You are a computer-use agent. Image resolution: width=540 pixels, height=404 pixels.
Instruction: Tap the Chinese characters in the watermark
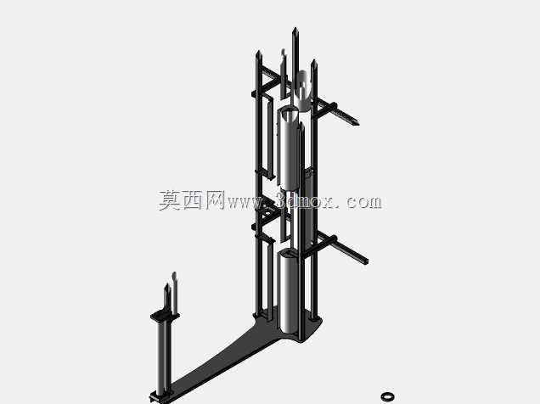tap(192, 200)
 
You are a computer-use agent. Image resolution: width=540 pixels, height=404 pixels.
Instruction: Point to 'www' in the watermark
tap(245, 202)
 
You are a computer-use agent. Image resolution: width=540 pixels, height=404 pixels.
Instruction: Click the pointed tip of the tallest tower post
tap(295, 28)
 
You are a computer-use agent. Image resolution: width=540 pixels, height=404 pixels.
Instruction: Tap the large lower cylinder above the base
tap(290, 293)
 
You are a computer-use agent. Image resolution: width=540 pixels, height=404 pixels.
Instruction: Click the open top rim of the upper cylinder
tap(289, 112)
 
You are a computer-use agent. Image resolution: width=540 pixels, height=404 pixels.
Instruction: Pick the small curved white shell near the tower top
tap(304, 91)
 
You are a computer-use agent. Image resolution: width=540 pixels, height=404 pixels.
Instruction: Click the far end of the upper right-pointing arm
tap(357, 123)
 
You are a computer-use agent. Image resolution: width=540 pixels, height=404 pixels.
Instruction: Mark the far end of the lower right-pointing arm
tap(366, 262)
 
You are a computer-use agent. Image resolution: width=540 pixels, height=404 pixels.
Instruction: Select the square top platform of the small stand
tap(165, 316)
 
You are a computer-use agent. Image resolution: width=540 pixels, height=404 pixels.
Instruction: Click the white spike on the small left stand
tap(175, 293)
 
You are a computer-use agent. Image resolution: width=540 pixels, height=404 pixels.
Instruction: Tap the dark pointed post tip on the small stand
tap(167, 285)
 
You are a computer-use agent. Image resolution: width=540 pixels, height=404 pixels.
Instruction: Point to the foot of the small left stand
tap(160, 396)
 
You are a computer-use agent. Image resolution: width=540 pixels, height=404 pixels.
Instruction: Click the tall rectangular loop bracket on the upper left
tap(269, 137)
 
